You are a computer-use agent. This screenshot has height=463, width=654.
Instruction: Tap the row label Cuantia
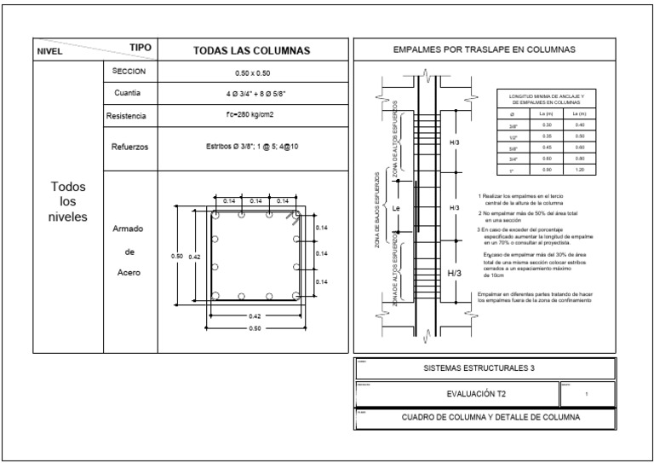tap(127, 93)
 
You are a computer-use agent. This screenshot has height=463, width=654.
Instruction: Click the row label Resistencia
tap(127, 115)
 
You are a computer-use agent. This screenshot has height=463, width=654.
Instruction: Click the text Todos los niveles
tap(67, 201)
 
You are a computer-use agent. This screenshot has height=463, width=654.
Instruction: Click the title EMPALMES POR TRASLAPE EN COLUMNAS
tap(484, 50)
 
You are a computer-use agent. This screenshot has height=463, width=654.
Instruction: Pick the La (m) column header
tap(548, 113)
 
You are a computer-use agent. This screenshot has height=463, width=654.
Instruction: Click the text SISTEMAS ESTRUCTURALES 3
tap(484, 369)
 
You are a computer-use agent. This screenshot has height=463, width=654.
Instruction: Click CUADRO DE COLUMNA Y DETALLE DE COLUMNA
tap(484, 419)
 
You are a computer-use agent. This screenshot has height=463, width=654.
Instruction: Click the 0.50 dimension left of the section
tap(176, 256)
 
